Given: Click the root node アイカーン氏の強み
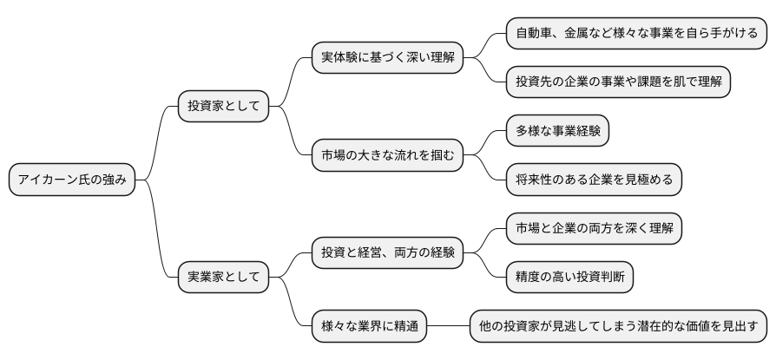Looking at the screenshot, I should (x=72, y=180).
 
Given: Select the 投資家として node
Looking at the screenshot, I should (x=223, y=107).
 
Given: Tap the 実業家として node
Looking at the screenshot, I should (x=223, y=278).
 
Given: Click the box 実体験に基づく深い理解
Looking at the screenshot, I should (x=387, y=58).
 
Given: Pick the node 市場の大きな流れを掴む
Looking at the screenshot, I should (x=387, y=156).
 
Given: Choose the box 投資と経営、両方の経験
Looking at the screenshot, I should (x=387, y=253).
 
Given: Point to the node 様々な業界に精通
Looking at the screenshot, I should (x=370, y=327).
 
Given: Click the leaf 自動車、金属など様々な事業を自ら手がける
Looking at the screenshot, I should (x=636, y=34).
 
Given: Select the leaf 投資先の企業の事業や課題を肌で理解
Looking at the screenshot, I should (x=618, y=82).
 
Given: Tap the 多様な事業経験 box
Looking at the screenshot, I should (x=558, y=131).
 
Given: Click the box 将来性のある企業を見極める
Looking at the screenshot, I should (x=594, y=180).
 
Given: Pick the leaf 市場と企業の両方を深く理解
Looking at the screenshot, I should (x=594, y=229).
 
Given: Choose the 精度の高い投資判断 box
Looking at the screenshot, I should (x=569, y=278).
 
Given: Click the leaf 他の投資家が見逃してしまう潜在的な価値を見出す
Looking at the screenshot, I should (x=618, y=327).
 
